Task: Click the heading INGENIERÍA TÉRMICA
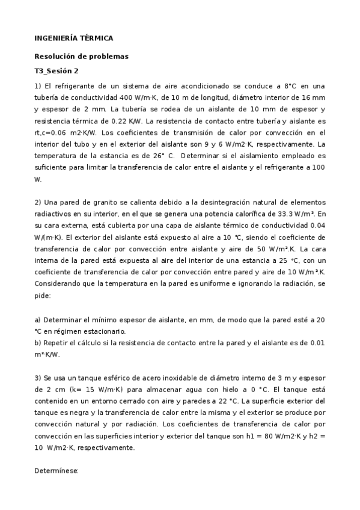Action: pyautogui.click(x=73, y=38)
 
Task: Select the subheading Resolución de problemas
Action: pyautogui.click(x=81, y=57)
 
